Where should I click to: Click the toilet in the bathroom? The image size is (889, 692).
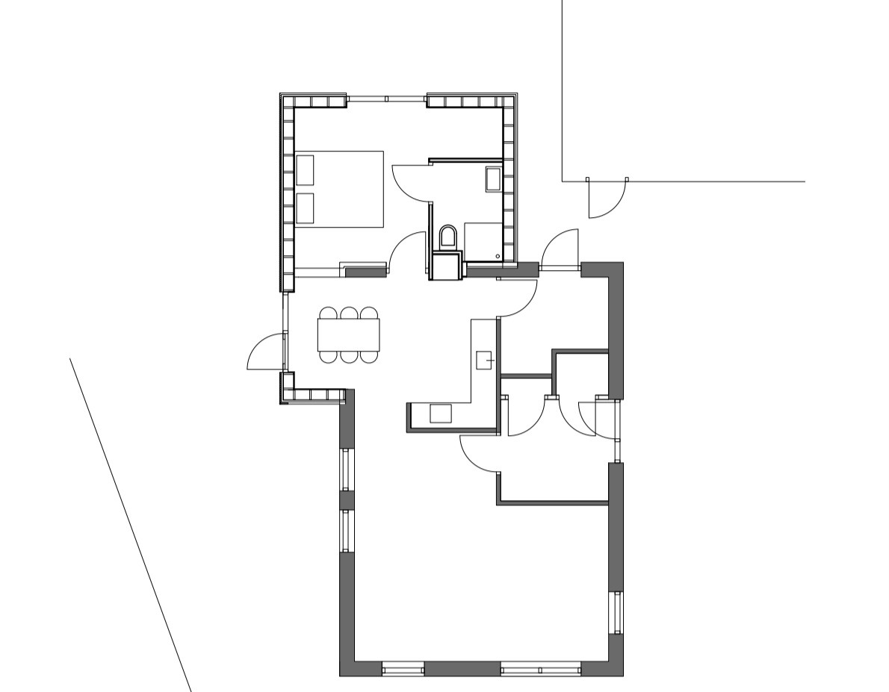(x=448, y=237)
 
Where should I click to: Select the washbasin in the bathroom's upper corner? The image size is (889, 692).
(x=493, y=179)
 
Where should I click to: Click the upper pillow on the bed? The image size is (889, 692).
(x=305, y=169)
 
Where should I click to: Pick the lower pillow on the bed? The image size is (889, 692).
(x=305, y=208)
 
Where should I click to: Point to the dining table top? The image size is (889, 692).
(x=348, y=334)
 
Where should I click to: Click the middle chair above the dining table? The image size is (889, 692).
(x=348, y=313)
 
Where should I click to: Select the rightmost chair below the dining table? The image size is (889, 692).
(x=369, y=356)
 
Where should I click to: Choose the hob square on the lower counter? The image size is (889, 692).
(x=440, y=413)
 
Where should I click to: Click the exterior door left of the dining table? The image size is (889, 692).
(x=267, y=353)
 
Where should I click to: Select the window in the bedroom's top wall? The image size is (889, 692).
(x=387, y=99)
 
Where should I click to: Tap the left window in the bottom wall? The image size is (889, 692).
(x=403, y=669)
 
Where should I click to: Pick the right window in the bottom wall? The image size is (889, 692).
(x=541, y=669)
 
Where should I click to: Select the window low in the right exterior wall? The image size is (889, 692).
(x=616, y=612)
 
